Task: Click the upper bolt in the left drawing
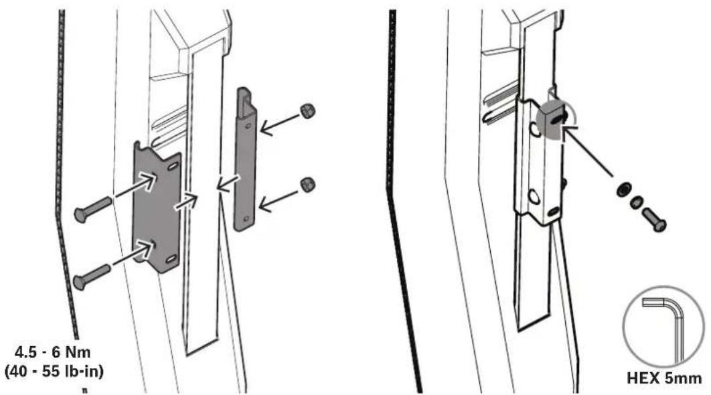point(92,210)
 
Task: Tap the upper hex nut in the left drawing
point(308,110)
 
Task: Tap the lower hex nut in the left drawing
point(308,185)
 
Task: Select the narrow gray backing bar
point(245,159)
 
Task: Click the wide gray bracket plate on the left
point(157,207)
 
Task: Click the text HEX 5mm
point(664,378)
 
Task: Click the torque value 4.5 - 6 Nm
point(53,352)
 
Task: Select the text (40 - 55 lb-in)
point(54,372)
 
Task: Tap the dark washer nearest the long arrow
point(624,189)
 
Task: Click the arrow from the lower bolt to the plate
point(134,253)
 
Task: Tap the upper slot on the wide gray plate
point(172,167)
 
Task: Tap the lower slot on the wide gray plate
point(171,259)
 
